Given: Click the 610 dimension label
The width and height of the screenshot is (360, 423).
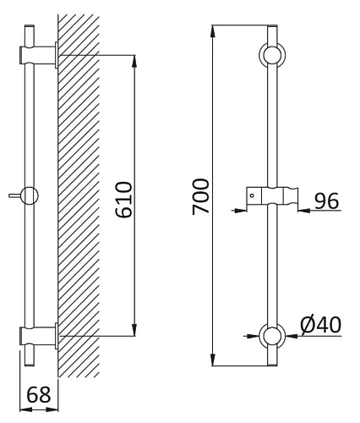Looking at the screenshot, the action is coord(124,200).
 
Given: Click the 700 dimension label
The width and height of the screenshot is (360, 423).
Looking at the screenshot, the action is coord(201,196).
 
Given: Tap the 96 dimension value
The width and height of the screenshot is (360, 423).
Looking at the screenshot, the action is coord(326,201).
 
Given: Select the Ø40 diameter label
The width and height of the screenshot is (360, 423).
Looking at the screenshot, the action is coord(321,325).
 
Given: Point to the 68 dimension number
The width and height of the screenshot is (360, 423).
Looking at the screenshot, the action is coord(39,395).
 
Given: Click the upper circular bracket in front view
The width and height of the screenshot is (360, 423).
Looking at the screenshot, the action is coord(272,55).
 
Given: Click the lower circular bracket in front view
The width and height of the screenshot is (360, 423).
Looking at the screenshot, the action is coord(272,336).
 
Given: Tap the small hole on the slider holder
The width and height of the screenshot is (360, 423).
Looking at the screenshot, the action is coord(252,195).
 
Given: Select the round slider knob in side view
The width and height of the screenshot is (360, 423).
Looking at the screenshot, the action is coord(30,195).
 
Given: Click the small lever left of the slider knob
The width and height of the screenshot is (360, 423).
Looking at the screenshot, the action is coord(15,195).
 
